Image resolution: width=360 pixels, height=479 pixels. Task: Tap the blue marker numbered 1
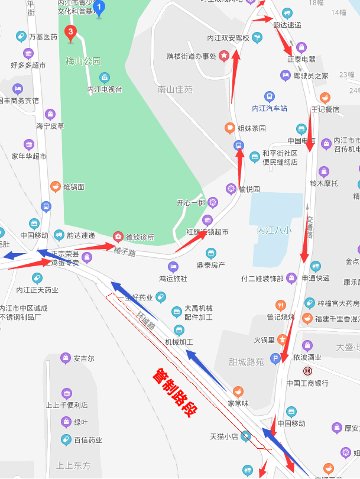pyautogui.click(x=99, y=8)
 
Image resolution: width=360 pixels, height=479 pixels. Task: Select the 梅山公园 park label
pyautogui.click(x=83, y=61)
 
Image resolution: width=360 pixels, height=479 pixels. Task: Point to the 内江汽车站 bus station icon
pyautogui.click(x=269, y=97)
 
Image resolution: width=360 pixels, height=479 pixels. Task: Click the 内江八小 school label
pyautogui.click(x=274, y=231)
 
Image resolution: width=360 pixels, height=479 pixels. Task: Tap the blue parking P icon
pyautogui.click(x=275, y=358)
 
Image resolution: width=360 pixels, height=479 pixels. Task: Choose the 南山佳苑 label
pyautogui.click(x=175, y=90)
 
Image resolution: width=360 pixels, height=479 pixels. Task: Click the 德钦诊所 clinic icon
pyautogui.click(x=117, y=237)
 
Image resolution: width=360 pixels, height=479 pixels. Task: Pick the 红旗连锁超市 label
pyautogui.click(x=207, y=232)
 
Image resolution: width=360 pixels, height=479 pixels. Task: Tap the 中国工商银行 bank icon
pyautogui.click(x=307, y=371)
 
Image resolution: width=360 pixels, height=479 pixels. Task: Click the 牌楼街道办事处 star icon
pyautogui.click(x=225, y=57)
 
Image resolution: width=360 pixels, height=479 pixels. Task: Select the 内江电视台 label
pyautogui.click(x=105, y=89)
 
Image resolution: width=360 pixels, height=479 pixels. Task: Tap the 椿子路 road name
pyautogui.click(x=125, y=253)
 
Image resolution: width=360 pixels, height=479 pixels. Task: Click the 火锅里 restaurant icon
pyautogui.click(x=283, y=339)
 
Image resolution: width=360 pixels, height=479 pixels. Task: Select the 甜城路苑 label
pyautogui.click(x=247, y=361)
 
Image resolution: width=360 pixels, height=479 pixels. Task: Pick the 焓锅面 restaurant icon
pyautogui.click(x=55, y=187)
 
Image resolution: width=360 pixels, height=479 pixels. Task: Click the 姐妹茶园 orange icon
pyautogui.click(x=229, y=128)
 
